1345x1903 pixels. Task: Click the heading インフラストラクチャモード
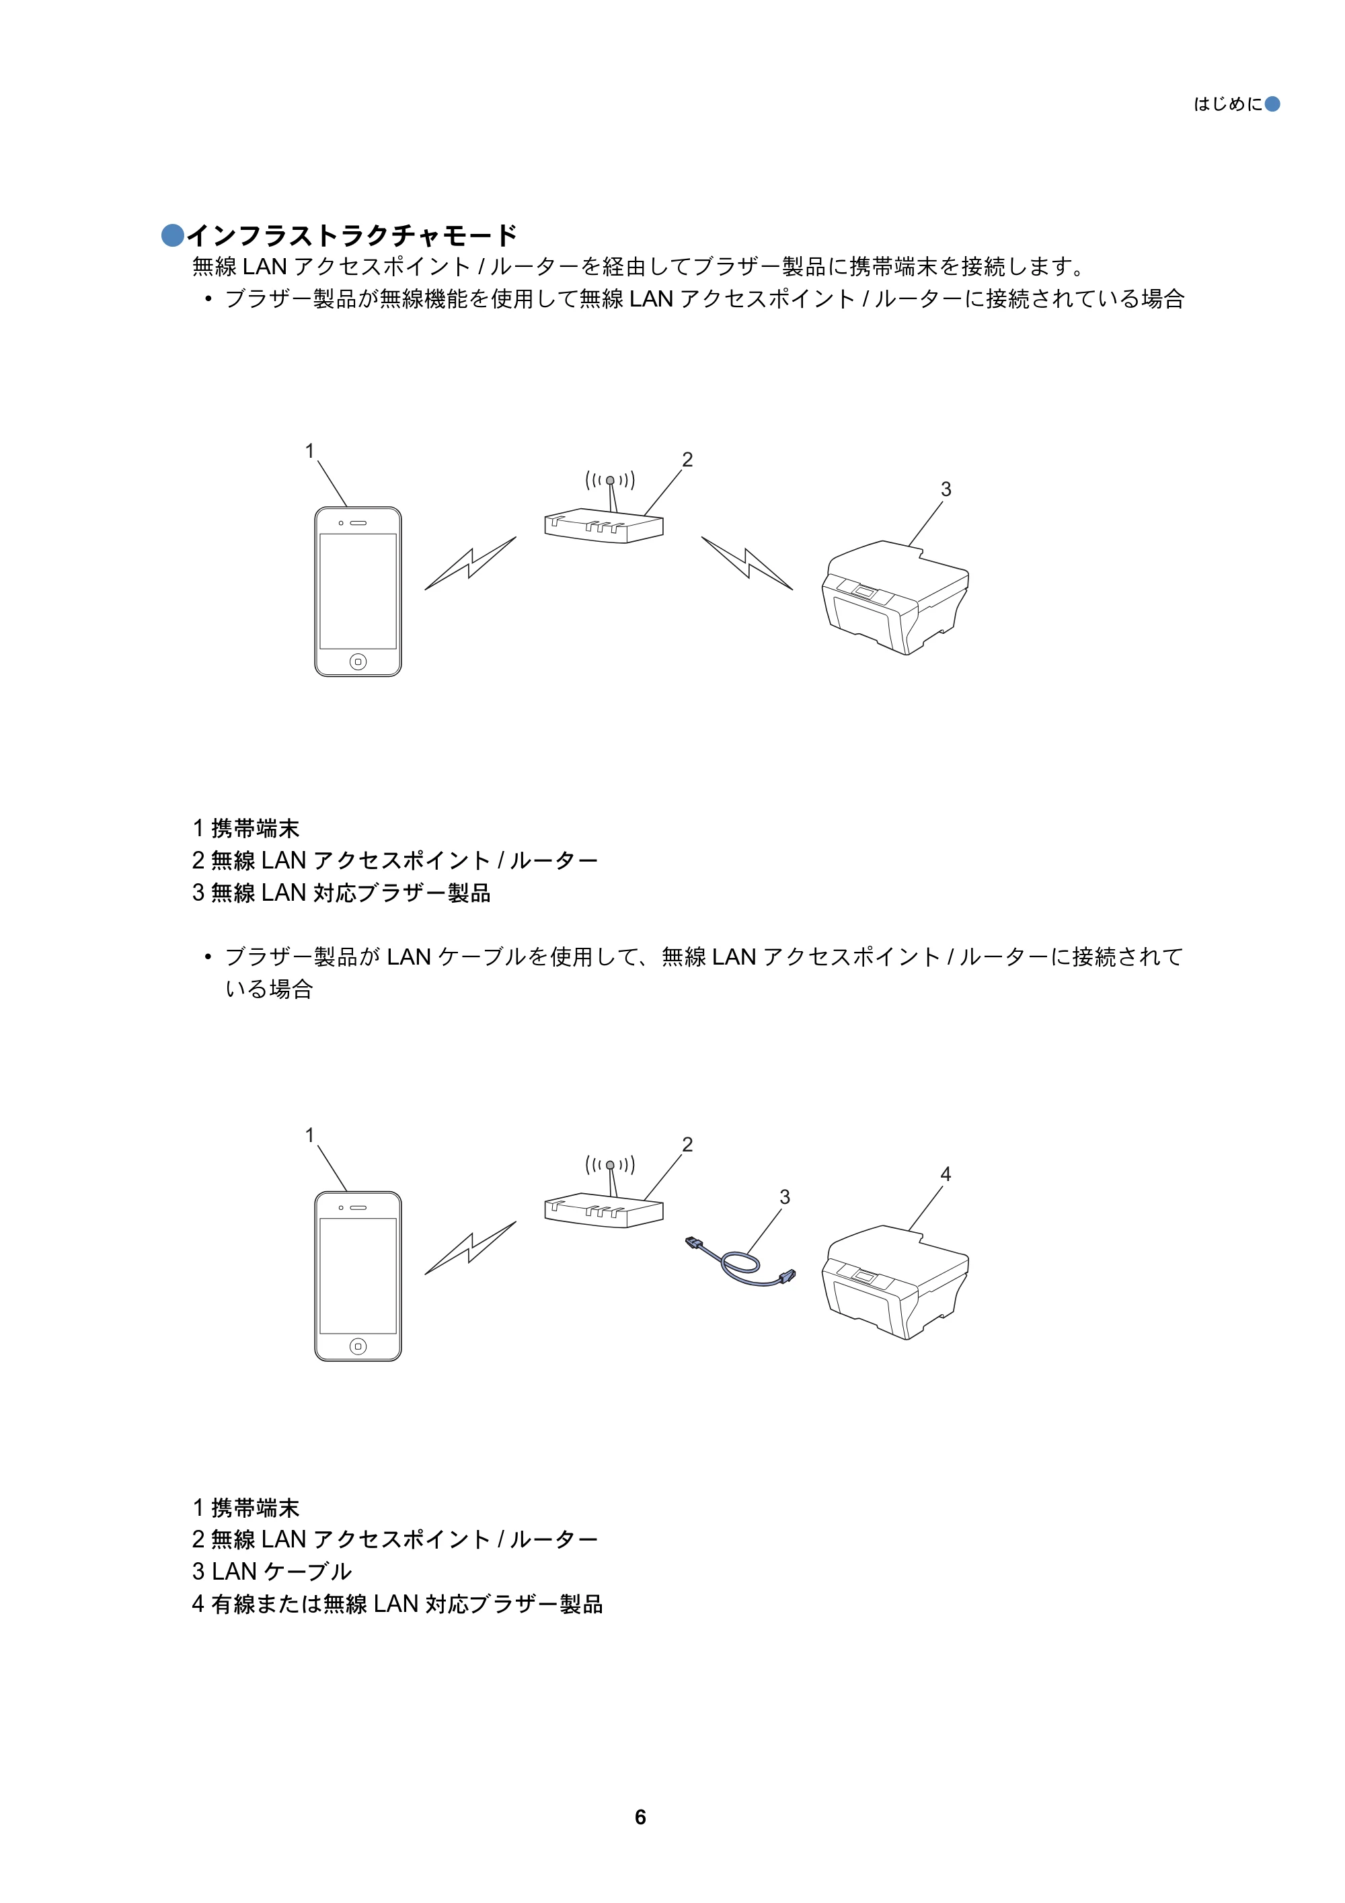[352, 235]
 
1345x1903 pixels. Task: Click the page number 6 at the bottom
[640, 1817]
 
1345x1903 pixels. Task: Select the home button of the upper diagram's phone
[358, 661]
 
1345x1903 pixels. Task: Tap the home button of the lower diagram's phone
[358, 1346]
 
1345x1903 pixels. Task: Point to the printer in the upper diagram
[896, 597]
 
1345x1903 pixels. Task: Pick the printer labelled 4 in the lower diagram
[896, 1281]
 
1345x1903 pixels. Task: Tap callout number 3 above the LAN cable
[784, 1197]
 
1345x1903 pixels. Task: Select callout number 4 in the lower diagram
[946, 1174]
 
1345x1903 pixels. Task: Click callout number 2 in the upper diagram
[687, 459]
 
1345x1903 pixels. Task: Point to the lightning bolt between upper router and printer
[747, 563]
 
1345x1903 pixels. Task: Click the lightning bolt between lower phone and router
[470, 1248]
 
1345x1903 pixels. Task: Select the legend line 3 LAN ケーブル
[272, 1572]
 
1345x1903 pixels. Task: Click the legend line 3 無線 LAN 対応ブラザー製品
[342, 893]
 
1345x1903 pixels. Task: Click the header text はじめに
[1228, 104]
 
